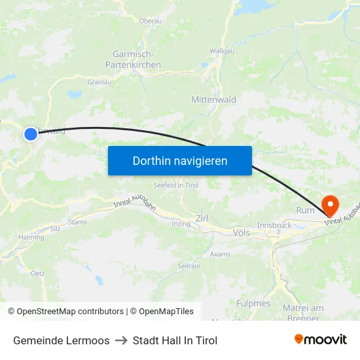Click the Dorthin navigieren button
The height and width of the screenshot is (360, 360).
tap(180, 160)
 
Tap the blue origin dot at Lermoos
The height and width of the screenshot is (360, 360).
tap(31, 134)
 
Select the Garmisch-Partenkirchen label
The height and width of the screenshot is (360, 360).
tap(133, 60)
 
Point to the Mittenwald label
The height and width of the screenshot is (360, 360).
tap(213, 99)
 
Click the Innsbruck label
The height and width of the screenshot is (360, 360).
tap(274, 225)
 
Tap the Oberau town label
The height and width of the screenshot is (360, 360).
tap(151, 21)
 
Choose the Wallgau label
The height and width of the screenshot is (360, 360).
tap(222, 50)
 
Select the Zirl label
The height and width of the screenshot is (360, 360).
tap(202, 218)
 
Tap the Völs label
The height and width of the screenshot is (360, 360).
tap(242, 232)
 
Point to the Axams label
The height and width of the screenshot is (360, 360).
tap(221, 254)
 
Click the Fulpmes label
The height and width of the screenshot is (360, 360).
tap(253, 303)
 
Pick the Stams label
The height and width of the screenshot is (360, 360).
tap(77, 222)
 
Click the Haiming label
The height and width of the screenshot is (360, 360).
tap(31, 238)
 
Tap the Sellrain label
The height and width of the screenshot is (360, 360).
tap(189, 266)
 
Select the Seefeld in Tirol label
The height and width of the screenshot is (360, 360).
tap(175, 185)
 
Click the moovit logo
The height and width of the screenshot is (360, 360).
tap(321, 340)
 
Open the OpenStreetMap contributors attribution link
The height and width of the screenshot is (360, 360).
tap(65, 312)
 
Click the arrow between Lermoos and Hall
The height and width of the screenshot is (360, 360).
tap(121, 340)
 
